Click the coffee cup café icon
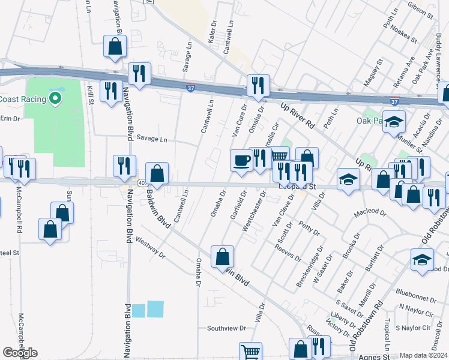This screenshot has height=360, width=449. click(241, 161)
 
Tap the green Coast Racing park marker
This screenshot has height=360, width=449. click(56, 98)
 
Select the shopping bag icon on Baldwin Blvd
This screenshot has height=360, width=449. click(222, 257)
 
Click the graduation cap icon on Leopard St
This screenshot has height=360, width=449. click(348, 179)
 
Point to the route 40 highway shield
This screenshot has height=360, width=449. click(141, 182)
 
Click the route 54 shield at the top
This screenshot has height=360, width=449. click(148, 2)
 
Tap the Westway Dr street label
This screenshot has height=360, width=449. click(150, 247)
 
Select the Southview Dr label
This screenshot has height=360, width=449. click(227, 328)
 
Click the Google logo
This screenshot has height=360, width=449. click(20, 353)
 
